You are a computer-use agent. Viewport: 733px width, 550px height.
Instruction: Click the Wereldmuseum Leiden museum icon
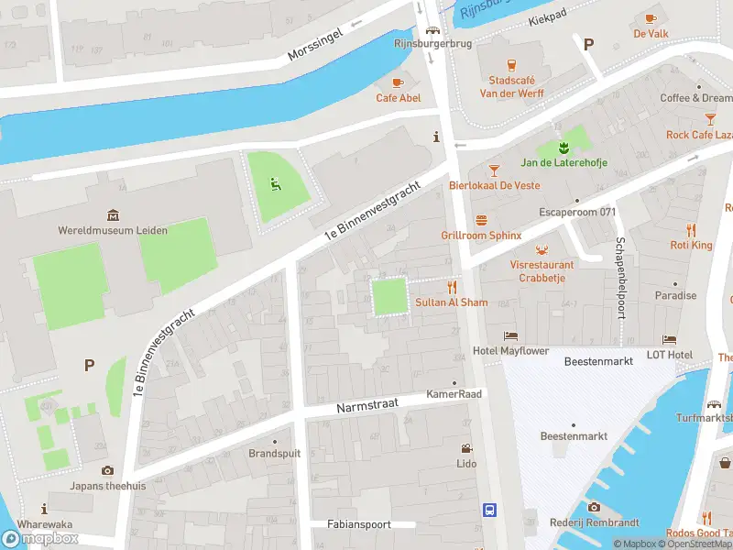coord(113,215)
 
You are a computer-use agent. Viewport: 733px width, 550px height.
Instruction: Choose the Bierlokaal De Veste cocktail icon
coord(494,170)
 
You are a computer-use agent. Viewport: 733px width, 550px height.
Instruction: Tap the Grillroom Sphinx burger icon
coord(481,220)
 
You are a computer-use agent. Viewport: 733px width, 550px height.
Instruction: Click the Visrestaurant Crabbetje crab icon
coord(542,249)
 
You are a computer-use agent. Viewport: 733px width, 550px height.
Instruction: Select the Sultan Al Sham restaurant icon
coord(452,287)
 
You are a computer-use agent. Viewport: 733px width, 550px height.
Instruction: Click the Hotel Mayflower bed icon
coord(510,336)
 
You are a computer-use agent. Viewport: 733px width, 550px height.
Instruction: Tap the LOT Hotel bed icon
coord(669,339)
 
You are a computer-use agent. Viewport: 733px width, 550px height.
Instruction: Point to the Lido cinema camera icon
coord(466,449)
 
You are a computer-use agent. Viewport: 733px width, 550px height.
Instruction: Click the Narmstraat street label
coord(364,406)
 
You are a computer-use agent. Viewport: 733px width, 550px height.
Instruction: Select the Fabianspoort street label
coord(358,524)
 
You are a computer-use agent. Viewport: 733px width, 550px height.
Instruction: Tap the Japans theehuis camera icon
coord(107,471)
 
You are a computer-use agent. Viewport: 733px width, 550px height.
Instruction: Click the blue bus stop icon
coord(490,510)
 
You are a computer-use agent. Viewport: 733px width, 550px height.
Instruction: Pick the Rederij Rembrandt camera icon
coord(593,507)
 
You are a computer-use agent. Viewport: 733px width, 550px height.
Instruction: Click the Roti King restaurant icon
coord(691,230)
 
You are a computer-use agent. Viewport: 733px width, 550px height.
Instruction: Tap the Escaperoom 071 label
coord(576,212)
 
